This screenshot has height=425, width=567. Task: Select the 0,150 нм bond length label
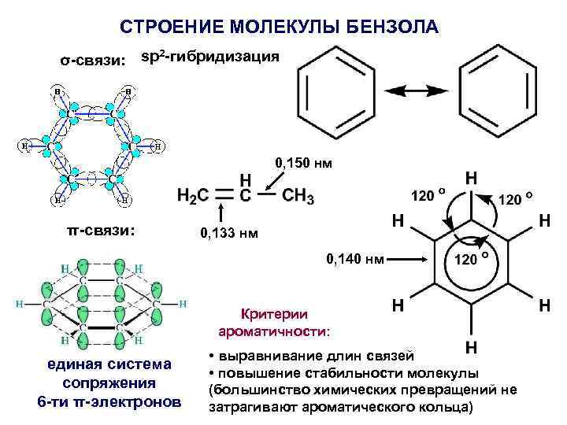(x=303, y=164)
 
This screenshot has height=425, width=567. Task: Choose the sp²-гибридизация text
(x=209, y=57)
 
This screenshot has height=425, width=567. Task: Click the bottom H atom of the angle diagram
(x=470, y=347)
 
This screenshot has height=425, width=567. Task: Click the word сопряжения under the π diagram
(x=109, y=383)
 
